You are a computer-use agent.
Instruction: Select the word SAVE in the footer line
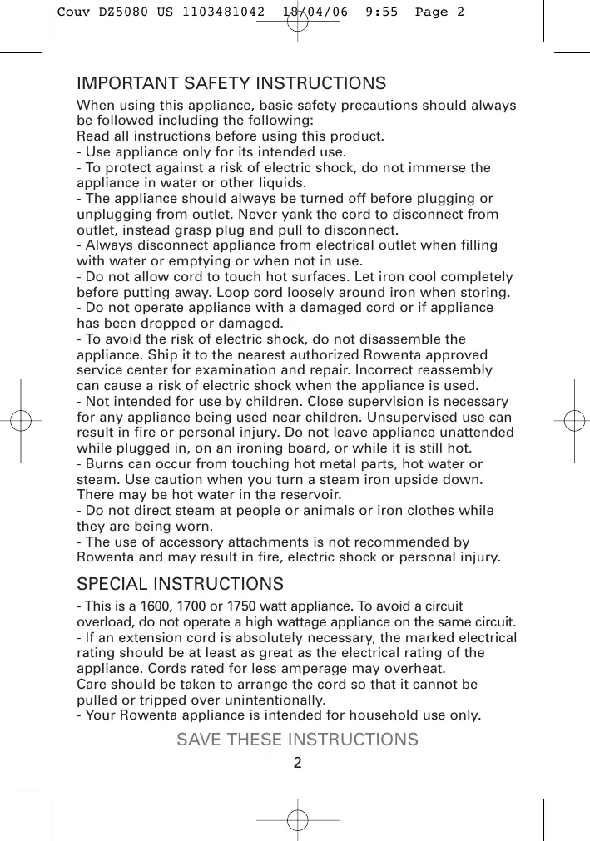(x=199, y=740)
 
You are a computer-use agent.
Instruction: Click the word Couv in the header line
(x=72, y=12)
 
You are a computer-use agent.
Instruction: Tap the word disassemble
(x=399, y=339)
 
